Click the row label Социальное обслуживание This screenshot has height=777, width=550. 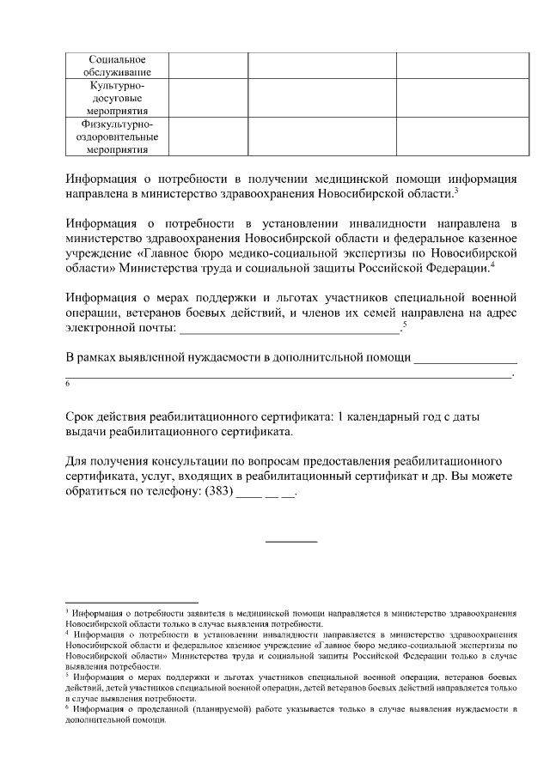coord(117,65)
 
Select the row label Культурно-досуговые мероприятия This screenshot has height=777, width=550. coord(117,98)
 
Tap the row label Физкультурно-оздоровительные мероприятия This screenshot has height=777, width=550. coord(117,137)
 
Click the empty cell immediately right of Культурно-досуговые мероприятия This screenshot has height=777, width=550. coord(208,98)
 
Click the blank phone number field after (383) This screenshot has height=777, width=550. coord(266,495)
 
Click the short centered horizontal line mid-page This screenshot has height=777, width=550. coord(291,541)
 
